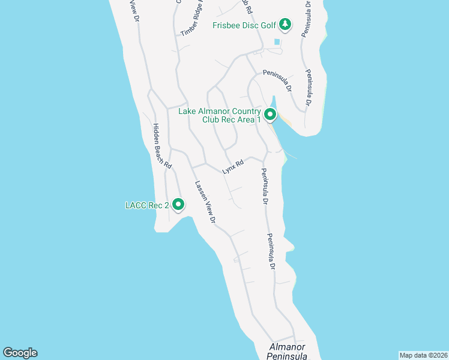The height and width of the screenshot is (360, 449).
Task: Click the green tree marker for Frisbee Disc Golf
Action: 286,25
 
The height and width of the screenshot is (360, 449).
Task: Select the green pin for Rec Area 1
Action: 270,114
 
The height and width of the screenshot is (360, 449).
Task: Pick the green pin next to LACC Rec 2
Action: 178,205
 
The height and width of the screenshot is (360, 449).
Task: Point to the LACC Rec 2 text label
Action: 146,205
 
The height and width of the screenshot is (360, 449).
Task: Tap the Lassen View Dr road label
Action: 204,202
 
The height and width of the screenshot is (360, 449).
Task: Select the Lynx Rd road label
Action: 233,166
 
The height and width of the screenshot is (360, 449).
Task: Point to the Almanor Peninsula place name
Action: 288,352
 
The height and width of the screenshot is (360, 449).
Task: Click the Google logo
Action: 20,353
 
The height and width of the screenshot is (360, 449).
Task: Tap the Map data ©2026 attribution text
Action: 423,355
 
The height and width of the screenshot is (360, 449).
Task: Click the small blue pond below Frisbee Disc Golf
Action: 277,42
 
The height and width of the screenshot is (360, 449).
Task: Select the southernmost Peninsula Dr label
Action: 271,250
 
